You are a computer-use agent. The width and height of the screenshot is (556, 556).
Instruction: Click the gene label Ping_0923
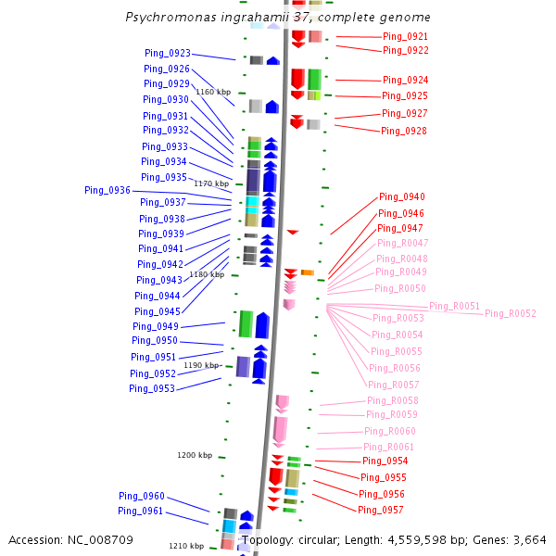[168, 54]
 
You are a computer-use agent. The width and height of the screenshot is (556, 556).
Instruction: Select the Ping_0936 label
[107, 190]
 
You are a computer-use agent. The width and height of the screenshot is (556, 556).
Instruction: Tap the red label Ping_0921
[405, 37]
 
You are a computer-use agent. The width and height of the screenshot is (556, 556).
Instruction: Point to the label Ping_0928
[404, 132]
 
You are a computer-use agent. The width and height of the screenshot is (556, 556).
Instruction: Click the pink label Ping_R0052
[510, 314]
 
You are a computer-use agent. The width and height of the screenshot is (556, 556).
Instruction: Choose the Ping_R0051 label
[454, 307]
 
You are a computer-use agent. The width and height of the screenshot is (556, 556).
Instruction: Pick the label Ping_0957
[381, 511]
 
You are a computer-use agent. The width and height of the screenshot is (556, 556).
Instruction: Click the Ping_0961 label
[141, 512]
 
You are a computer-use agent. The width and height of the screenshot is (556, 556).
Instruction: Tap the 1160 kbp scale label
[213, 92]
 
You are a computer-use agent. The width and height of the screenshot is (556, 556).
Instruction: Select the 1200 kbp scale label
[195, 455]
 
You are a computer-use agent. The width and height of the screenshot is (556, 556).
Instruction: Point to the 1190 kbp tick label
[201, 365]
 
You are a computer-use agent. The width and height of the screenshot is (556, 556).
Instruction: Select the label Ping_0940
[402, 197]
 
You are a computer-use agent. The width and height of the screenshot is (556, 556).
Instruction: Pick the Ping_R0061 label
[389, 448]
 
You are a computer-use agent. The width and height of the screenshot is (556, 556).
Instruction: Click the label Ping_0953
[152, 389]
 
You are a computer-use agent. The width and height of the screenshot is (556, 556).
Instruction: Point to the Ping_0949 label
[156, 326]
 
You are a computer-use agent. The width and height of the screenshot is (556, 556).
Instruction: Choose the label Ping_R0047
[402, 243]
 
